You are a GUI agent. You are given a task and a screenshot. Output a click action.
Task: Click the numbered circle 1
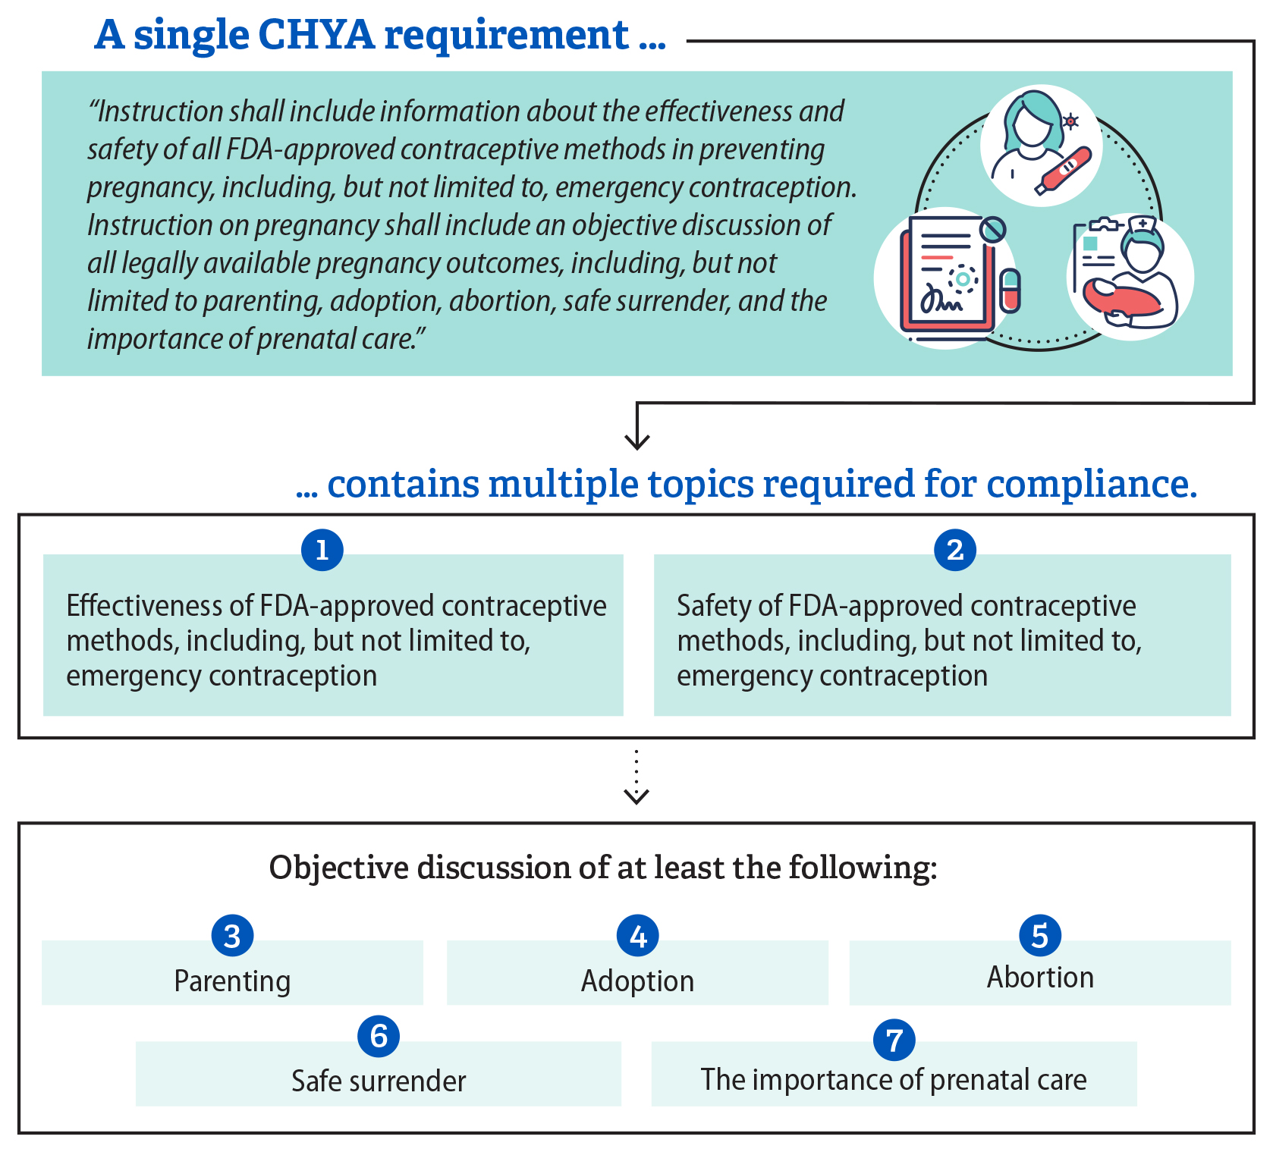322,550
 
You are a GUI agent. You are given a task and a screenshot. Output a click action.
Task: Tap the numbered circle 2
955,550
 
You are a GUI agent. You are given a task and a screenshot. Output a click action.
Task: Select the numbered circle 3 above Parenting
232,936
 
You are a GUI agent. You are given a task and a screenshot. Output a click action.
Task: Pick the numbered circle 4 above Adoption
638,936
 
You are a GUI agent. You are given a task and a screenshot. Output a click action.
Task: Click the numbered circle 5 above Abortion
1040,935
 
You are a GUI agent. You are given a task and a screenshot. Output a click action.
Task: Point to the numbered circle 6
379,1036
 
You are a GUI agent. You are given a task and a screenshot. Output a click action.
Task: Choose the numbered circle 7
894,1040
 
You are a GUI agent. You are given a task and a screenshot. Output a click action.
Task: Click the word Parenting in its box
232,981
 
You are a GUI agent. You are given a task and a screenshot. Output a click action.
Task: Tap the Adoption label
637,981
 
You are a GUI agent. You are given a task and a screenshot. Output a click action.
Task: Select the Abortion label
1040,978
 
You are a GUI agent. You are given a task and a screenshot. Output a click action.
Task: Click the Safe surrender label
379,1081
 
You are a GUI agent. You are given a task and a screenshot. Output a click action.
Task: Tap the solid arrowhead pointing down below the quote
637,441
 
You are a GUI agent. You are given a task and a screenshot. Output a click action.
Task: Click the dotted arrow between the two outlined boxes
636,777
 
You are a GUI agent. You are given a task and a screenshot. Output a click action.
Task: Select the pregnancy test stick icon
1064,170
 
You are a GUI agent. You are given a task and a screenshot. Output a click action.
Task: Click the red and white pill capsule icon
1010,290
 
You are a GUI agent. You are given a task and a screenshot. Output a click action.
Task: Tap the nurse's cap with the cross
1142,225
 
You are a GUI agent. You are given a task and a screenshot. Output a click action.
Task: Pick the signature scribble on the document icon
941,302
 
